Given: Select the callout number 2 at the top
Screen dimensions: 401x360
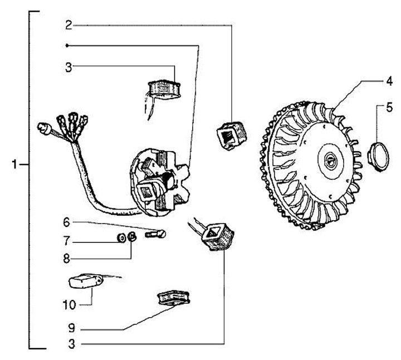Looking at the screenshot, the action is tap(68, 25).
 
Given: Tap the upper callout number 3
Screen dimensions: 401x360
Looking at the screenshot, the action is tap(68, 67).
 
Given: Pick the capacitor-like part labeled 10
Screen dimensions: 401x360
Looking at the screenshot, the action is tap(83, 281).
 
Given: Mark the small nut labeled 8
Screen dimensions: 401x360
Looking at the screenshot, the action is tap(132, 237).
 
